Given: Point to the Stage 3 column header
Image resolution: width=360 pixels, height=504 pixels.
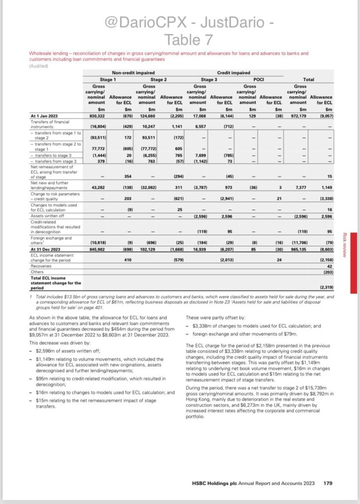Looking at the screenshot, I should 208,79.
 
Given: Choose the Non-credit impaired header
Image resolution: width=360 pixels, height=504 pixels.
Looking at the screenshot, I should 132,72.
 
